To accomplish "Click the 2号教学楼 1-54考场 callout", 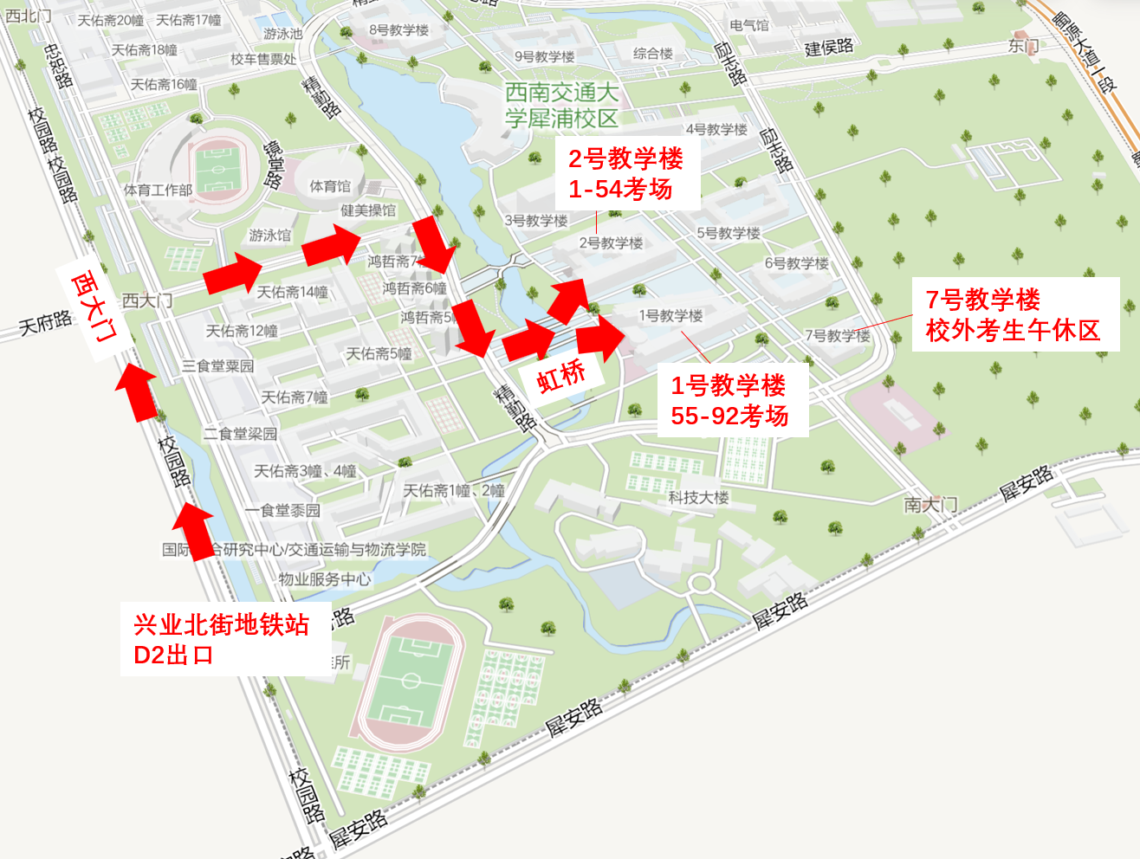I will point(625,174).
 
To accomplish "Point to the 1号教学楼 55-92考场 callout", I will point(729,400).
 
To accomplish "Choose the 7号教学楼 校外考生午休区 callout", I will point(1013,314).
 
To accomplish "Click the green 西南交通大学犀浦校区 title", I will point(561,105).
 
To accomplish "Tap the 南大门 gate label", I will point(931,504).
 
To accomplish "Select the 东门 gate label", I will point(1023,46).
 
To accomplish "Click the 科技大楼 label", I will point(698,497).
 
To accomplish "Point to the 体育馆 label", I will point(330,186).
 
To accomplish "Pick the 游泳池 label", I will point(283,34).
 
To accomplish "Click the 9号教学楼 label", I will point(544,56).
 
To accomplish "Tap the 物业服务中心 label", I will point(325,579).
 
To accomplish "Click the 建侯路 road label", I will point(829,48).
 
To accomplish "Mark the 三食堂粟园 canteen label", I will point(217,365).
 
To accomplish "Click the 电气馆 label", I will point(749,25).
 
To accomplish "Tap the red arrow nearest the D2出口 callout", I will point(194,532).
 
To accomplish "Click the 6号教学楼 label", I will point(796,263).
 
